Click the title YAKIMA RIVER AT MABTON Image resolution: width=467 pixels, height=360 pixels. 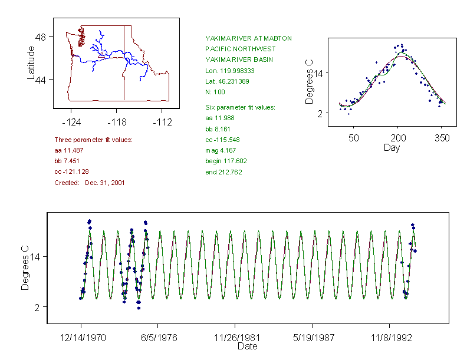coord(248,38)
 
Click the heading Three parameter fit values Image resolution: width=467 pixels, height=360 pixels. coord(93,140)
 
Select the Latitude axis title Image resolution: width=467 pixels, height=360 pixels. coord(32,62)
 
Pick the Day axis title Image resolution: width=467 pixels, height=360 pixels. coord(391,148)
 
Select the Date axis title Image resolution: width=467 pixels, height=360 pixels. coord(247,347)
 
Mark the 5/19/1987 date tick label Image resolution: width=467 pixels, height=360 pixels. coord(313,339)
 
